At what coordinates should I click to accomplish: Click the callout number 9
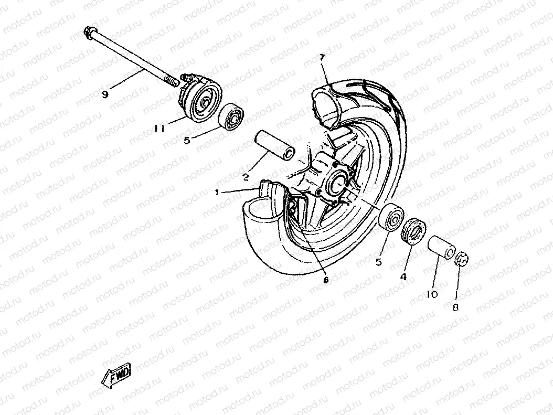(105, 94)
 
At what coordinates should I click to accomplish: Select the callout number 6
(325, 280)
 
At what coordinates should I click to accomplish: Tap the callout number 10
(432, 294)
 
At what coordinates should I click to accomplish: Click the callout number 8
(455, 308)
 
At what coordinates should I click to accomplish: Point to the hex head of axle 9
(88, 33)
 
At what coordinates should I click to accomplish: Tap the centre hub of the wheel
(336, 182)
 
